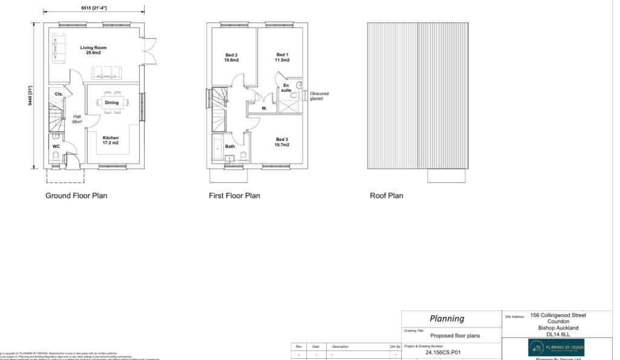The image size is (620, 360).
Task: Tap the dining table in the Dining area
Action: [x=111, y=102]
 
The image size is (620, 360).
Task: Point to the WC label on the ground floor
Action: [x=56, y=146]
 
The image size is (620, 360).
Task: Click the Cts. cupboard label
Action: [x=59, y=94]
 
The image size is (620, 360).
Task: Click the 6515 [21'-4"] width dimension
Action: [x=94, y=8]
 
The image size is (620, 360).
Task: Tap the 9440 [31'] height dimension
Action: [x=30, y=96]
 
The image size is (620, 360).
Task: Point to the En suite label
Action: [x=286, y=88]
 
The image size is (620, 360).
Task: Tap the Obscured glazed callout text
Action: [x=319, y=96]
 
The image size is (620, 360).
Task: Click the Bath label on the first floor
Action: [x=230, y=146]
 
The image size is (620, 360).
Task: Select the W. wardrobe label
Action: [x=264, y=108]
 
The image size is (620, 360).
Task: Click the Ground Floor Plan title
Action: [x=76, y=195]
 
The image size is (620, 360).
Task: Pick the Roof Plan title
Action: [x=386, y=195]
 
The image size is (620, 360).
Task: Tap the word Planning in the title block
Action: [x=447, y=318]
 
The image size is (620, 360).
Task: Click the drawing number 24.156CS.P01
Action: [x=443, y=352]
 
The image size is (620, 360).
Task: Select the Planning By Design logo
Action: [x=556, y=347]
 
